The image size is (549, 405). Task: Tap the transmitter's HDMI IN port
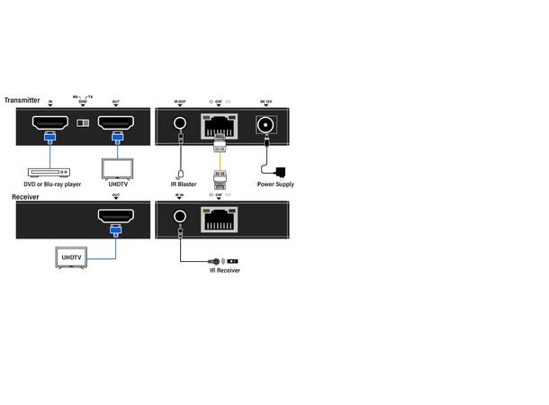[50, 123]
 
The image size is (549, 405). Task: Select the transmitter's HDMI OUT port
[116, 123]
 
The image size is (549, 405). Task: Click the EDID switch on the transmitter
[83, 123]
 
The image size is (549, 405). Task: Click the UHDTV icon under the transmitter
[116, 169]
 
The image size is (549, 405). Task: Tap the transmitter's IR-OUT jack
[181, 126]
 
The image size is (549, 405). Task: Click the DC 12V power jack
[266, 126]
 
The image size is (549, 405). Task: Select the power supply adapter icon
[281, 170]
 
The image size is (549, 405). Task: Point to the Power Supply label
[275, 184]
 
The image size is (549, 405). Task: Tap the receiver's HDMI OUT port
[116, 216]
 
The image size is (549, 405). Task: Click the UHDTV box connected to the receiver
[73, 257]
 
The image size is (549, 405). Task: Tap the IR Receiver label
[225, 270]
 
